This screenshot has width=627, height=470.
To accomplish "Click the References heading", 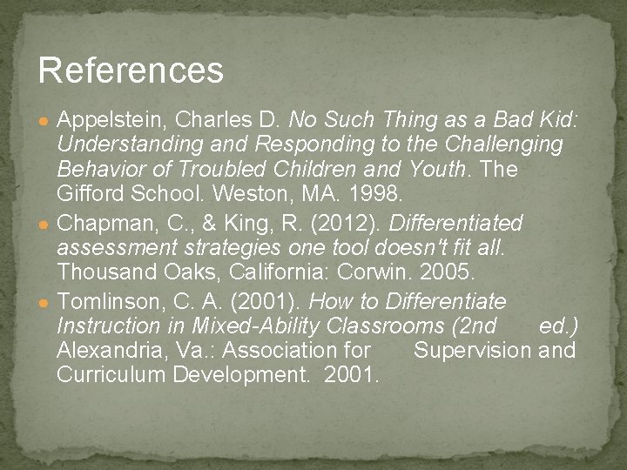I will [x=131, y=70].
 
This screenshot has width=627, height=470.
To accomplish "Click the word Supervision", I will [x=471, y=351].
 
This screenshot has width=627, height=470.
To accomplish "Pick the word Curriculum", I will [x=111, y=376].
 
